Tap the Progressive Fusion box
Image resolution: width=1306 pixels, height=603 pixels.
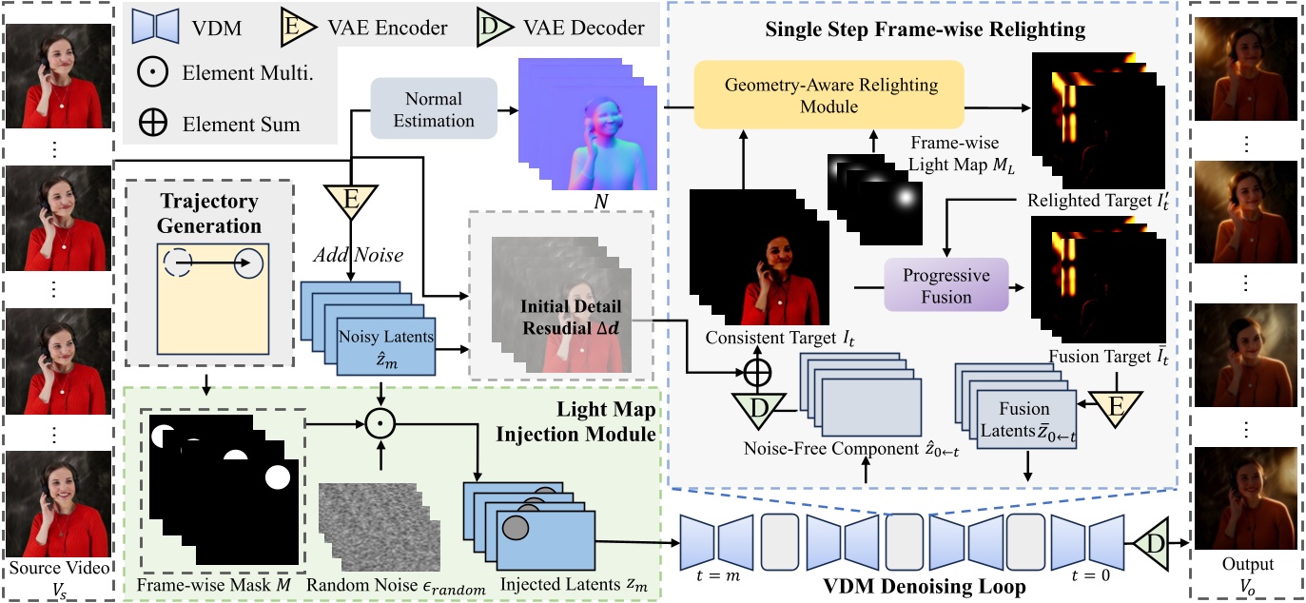tap(945, 285)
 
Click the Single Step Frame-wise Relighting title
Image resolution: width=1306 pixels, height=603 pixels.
tap(925, 29)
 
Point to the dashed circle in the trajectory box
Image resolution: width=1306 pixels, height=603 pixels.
tap(178, 262)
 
